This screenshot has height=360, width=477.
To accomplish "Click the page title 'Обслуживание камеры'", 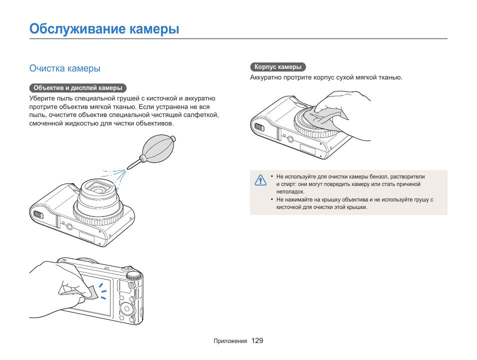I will (x=104, y=28).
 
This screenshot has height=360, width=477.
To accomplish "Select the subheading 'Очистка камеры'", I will (x=64, y=68).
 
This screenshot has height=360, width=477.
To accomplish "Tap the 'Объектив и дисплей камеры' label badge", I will (x=77, y=88).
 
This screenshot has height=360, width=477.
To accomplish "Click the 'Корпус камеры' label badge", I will (x=277, y=67).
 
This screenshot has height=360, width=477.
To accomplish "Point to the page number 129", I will (x=257, y=340).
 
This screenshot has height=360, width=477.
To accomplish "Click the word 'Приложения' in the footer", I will (x=230, y=341).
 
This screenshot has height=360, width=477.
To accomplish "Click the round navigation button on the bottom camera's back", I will (x=125, y=304).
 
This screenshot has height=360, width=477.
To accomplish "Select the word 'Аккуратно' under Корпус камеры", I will (x=265, y=77).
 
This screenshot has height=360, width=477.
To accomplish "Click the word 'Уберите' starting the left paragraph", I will (x=40, y=98).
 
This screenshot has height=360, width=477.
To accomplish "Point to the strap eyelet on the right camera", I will (x=258, y=126).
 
